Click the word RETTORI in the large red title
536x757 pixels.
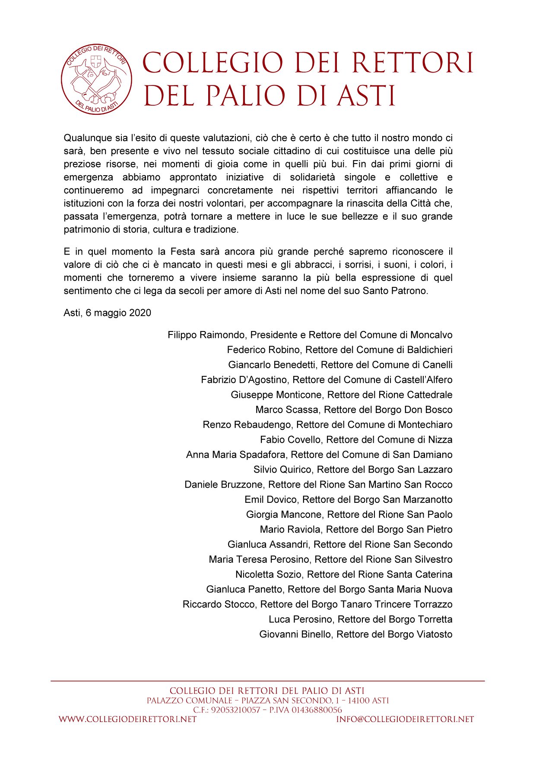tap(413, 63)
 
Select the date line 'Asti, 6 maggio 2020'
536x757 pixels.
tap(107, 313)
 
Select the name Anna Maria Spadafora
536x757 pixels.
tap(235, 454)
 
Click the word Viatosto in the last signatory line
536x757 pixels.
tap(434, 634)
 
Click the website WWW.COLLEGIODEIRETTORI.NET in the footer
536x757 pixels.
tap(127, 719)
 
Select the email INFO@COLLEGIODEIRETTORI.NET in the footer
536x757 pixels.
tap(405, 719)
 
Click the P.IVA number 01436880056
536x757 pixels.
tap(316, 710)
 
